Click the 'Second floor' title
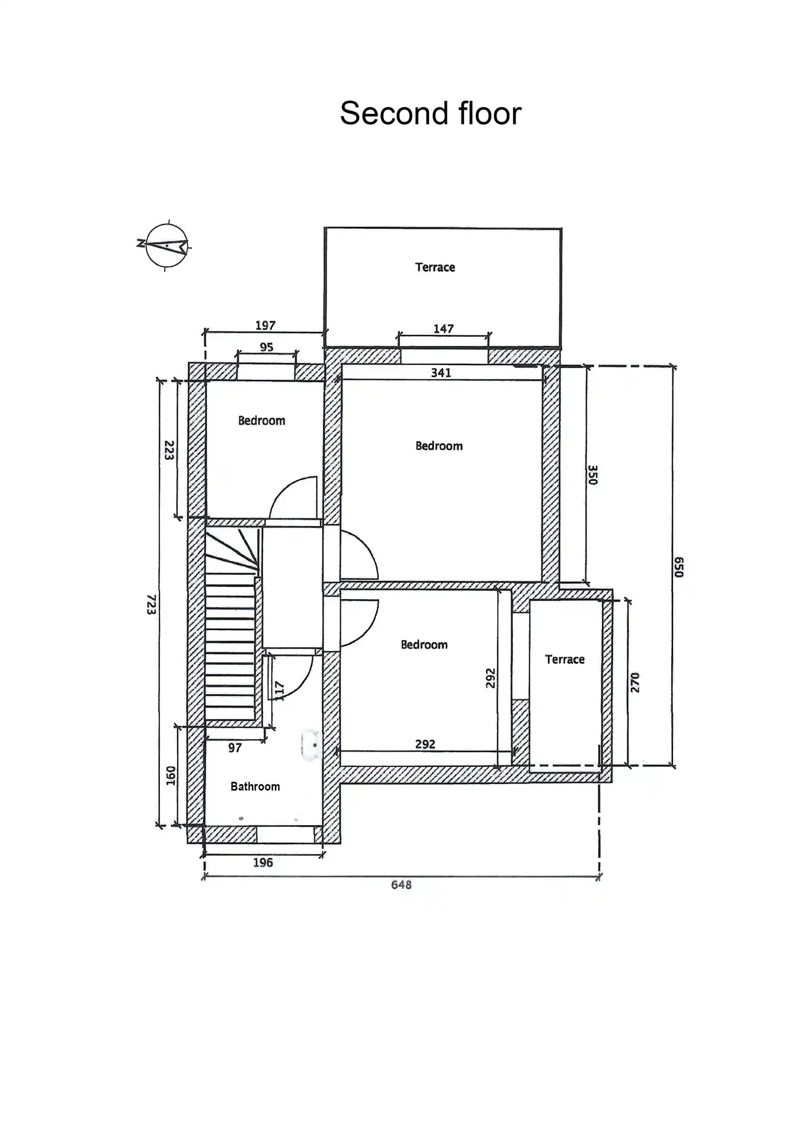[431, 113]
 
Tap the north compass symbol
[165, 245]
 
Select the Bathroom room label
[255, 787]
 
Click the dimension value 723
[152, 605]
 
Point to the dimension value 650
[679, 567]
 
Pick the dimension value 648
[401, 885]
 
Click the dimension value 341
[441, 373]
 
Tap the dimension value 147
[443, 329]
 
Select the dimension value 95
[267, 347]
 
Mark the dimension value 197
[265, 325]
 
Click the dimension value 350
[592, 475]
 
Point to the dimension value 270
[635, 683]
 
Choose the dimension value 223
[169, 450]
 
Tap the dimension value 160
[171, 776]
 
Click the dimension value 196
[263, 863]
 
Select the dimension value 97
[235, 748]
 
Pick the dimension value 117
[280, 691]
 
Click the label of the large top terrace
[435, 267]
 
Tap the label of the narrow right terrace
[565, 660]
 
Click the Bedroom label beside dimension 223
[261, 421]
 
